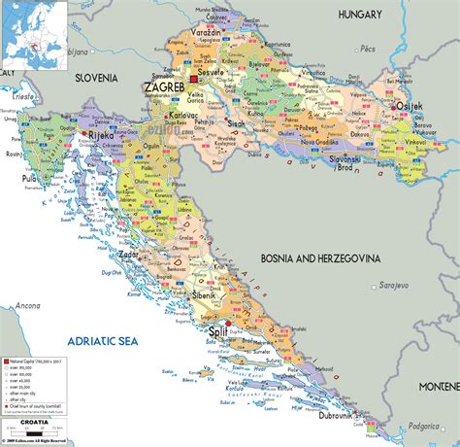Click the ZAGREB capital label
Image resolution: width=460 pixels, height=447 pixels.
pos(165,87)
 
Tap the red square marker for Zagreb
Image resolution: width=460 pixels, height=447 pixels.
pos(193,78)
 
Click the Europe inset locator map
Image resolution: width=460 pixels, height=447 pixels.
pos(36,31)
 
